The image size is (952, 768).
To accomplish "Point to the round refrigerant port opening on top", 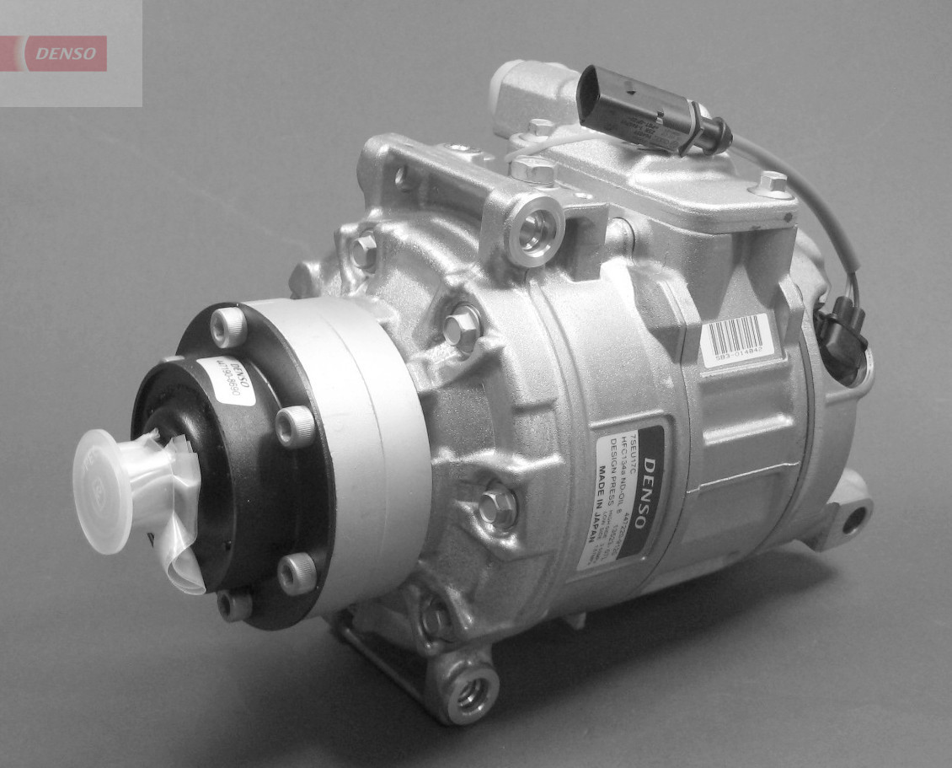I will (x=534, y=231).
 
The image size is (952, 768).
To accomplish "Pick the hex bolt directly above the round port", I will (x=531, y=169).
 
